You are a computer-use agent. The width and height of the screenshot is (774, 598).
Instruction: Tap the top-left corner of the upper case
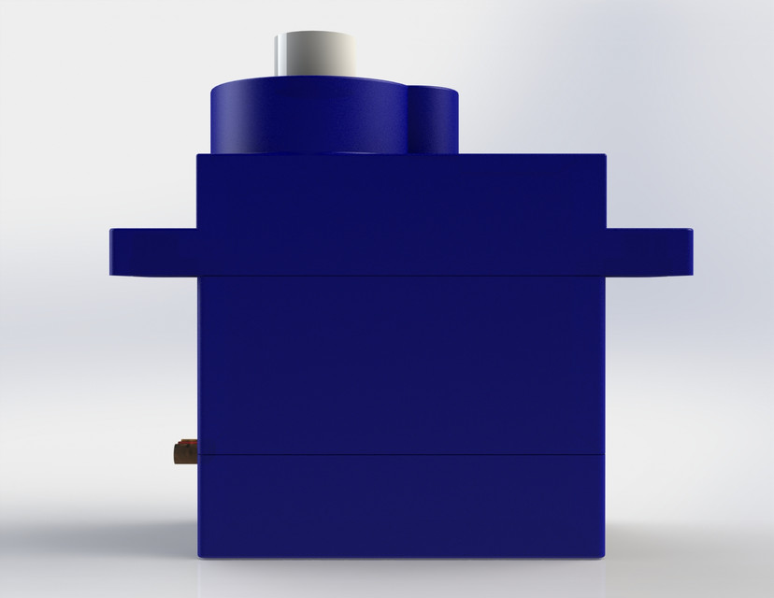(198, 156)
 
